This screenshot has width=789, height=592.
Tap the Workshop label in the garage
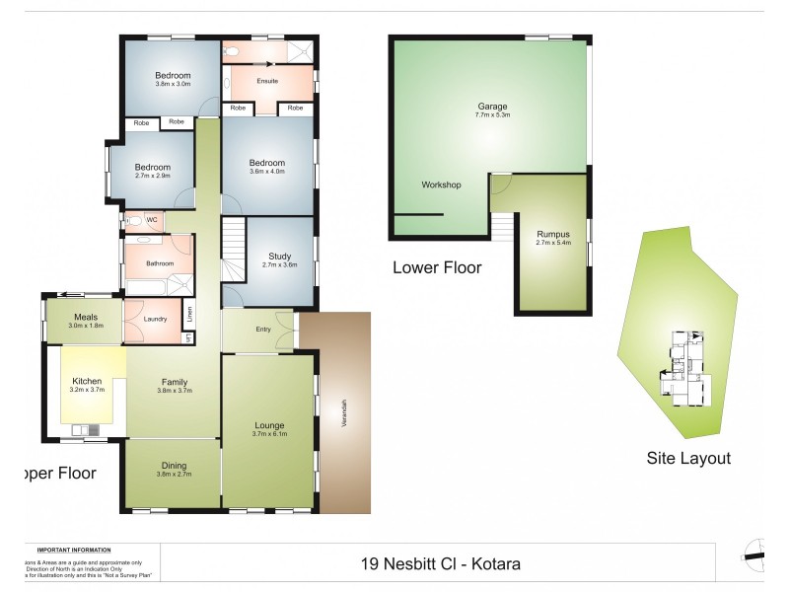click(441, 185)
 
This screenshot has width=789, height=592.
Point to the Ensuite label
click(266, 81)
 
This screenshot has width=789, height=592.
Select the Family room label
click(175, 381)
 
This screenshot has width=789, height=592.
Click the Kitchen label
click(87, 381)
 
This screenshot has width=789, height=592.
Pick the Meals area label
click(84, 317)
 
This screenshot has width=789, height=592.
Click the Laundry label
click(154, 319)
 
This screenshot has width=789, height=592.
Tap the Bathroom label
click(159, 263)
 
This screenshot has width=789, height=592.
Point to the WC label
click(152, 219)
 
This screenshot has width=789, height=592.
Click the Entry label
click(263, 330)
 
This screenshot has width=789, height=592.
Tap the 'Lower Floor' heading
click(437, 267)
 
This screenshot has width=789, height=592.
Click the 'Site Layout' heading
click(688, 458)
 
